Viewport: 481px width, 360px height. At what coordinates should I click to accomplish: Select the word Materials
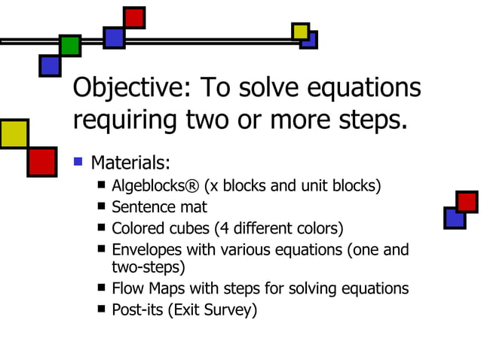click(x=130, y=163)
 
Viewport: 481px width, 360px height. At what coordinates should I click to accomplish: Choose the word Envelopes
click(x=146, y=249)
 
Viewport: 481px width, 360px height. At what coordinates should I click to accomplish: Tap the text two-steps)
click(x=148, y=267)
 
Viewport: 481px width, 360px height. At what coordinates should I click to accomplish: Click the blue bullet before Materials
click(x=77, y=161)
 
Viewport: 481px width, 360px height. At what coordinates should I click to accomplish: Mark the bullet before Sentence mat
click(x=102, y=206)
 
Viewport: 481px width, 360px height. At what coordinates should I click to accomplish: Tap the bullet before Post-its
click(x=102, y=309)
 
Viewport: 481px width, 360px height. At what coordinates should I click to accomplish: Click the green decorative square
click(x=70, y=45)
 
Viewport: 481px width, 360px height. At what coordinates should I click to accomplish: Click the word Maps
click(x=164, y=288)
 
